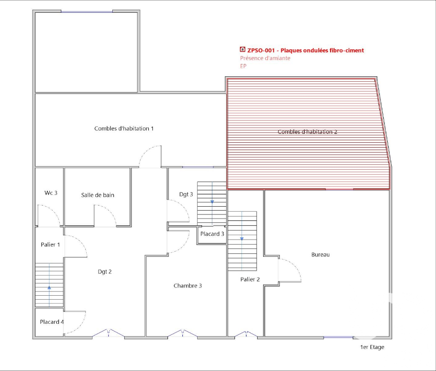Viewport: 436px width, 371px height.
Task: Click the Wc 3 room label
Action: pyautogui.click(x=51, y=193)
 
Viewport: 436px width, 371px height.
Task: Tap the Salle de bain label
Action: pyautogui.click(x=98, y=195)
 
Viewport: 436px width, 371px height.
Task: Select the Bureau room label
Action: pyautogui.click(x=320, y=254)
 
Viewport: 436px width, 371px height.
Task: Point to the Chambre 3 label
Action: pyautogui.click(x=188, y=285)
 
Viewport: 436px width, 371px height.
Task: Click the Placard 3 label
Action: pyautogui.click(x=212, y=234)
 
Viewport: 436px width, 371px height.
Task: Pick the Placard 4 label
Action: pyautogui.click(x=52, y=322)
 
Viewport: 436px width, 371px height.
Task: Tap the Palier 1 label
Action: pyautogui.click(x=50, y=245)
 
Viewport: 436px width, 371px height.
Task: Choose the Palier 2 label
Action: pyautogui.click(x=250, y=279)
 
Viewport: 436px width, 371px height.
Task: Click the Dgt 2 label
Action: pyautogui.click(x=105, y=272)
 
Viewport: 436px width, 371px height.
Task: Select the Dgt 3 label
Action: pyautogui.click(x=186, y=194)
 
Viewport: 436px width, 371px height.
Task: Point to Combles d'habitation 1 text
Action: pyautogui.click(x=124, y=128)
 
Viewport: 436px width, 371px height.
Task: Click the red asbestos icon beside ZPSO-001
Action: pyautogui.click(x=242, y=49)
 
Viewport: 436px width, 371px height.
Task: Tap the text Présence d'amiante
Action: pyautogui.click(x=265, y=58)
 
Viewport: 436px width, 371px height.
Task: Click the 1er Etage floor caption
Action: pyautogui.click(x=372, y=347)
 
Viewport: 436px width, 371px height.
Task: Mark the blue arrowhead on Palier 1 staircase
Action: pyautogui.click(x=49, y=288)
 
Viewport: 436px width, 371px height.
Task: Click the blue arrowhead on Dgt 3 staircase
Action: pyautogui.click(x=212, y=202)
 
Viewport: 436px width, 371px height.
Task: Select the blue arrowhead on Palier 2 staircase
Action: pyautogui.click(x=241, y=239)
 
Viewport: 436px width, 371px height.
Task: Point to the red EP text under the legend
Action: pyautogui.click(x=243, y=66)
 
